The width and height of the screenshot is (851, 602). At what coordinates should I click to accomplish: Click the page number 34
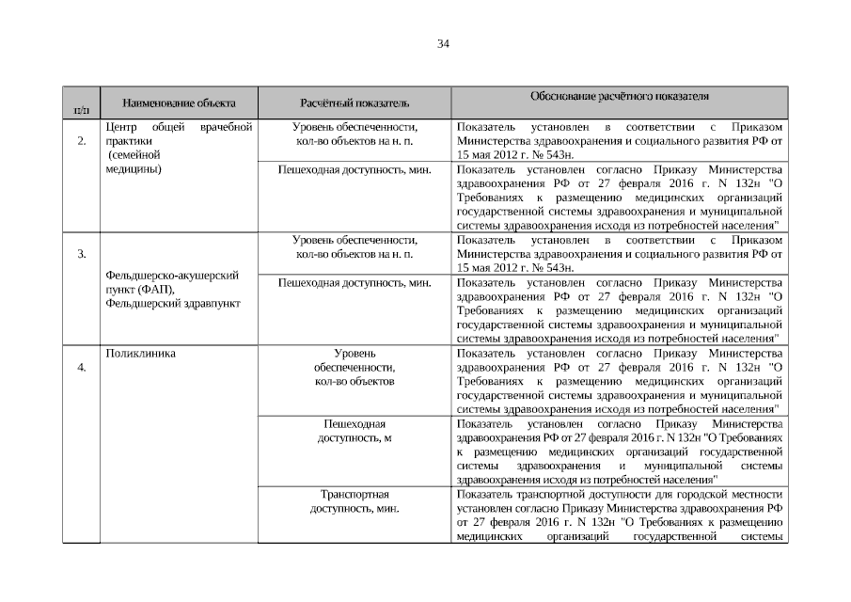443,43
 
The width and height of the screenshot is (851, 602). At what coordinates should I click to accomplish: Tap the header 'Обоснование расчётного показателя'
620,97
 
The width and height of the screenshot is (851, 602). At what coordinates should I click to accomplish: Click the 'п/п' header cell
80,112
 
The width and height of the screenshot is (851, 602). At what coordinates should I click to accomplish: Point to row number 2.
82,141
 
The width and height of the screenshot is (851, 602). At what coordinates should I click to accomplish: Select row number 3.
82,254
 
